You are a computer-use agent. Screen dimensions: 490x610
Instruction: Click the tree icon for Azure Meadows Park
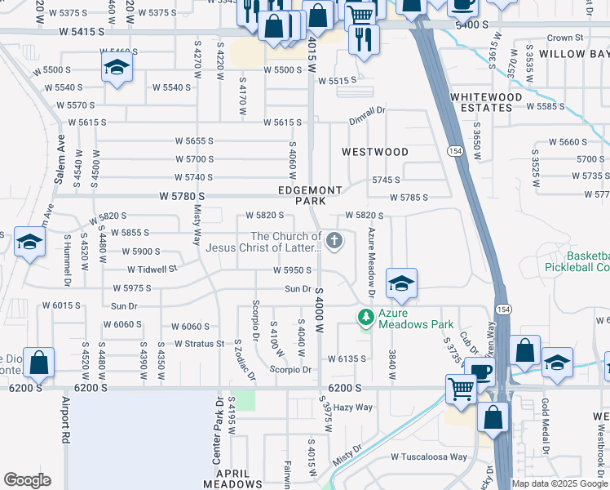click(x=367, y=315)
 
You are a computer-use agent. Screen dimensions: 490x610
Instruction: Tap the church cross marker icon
click(x=334, y=241)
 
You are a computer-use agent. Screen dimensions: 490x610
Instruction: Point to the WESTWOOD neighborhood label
click(x=374, y=152)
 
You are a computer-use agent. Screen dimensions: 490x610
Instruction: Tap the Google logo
click(x=27, y=480)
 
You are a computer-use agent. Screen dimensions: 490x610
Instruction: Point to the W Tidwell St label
click(x=152, y=269)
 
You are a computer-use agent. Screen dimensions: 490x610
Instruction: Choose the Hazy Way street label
click(x=352, y=407)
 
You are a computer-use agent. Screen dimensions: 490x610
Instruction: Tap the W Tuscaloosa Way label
click(x=429, y=457)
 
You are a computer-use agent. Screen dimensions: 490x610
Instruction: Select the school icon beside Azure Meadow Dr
click(x=401, y=284)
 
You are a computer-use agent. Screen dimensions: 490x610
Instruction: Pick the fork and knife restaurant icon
click(x=363, y=38)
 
